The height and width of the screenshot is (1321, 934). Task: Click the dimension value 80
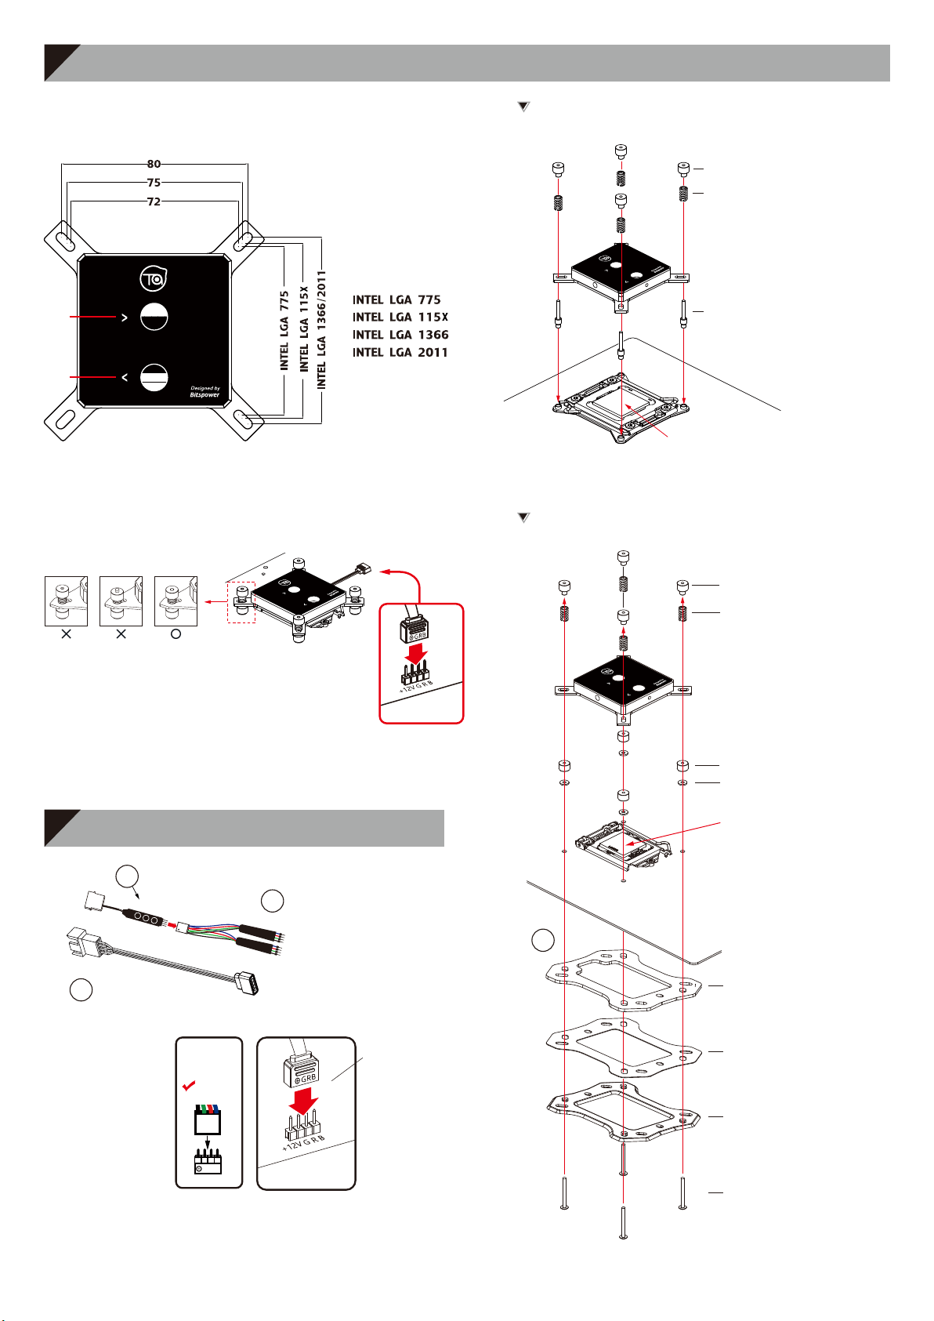tap(154, 165)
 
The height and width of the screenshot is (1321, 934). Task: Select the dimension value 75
tap(154, 183)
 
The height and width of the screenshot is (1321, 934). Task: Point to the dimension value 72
tap(154, 201)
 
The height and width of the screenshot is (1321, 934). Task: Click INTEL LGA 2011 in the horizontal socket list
tap(400, 353)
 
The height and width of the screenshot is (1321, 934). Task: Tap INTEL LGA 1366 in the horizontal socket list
tap(400, 335)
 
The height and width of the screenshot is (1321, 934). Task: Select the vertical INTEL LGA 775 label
tap(284, 331)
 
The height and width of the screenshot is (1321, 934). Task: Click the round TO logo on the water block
tap(154, 278)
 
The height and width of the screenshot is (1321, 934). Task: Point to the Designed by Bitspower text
tap(205, 391)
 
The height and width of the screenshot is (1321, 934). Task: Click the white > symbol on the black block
tap(123, 318)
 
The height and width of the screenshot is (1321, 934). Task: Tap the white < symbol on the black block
tap(124, 378)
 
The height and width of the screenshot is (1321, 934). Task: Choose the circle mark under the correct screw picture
tap(176, 634)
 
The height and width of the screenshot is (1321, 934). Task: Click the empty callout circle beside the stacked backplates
tap(542, 940)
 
